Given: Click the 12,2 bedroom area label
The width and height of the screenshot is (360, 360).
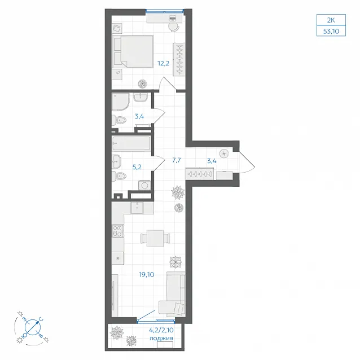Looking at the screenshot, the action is (163, 63).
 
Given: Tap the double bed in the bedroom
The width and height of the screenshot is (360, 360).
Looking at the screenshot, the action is (133, 51).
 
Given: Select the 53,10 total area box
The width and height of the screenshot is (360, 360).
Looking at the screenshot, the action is (331, 31).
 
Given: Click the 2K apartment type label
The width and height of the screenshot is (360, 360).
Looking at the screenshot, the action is (331, 20).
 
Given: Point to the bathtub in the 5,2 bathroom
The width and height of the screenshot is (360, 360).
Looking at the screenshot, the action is (131, 143).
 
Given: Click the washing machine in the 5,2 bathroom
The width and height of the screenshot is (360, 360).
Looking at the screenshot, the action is (144, 185).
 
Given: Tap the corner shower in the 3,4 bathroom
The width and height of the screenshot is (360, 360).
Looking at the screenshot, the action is (120, 101).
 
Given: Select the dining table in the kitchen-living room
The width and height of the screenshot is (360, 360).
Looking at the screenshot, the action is (155, 238).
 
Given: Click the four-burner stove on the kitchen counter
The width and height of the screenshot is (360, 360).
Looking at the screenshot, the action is (117, 231).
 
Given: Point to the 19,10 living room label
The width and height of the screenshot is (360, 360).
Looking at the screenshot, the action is (147, 274).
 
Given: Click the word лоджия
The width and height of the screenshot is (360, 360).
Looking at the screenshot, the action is (161, 338).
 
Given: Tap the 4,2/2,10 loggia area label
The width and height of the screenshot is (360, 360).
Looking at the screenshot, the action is (161, 330).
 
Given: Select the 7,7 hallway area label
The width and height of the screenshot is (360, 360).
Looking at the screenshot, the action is (177, 160).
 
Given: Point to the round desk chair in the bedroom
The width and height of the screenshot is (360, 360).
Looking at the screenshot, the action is (174, 27).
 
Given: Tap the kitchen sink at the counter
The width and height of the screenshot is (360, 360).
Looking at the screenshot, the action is (137, 208).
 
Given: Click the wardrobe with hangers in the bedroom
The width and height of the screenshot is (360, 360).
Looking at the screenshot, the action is (179, 59).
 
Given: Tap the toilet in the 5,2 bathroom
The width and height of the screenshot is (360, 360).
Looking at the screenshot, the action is (120, 176).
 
